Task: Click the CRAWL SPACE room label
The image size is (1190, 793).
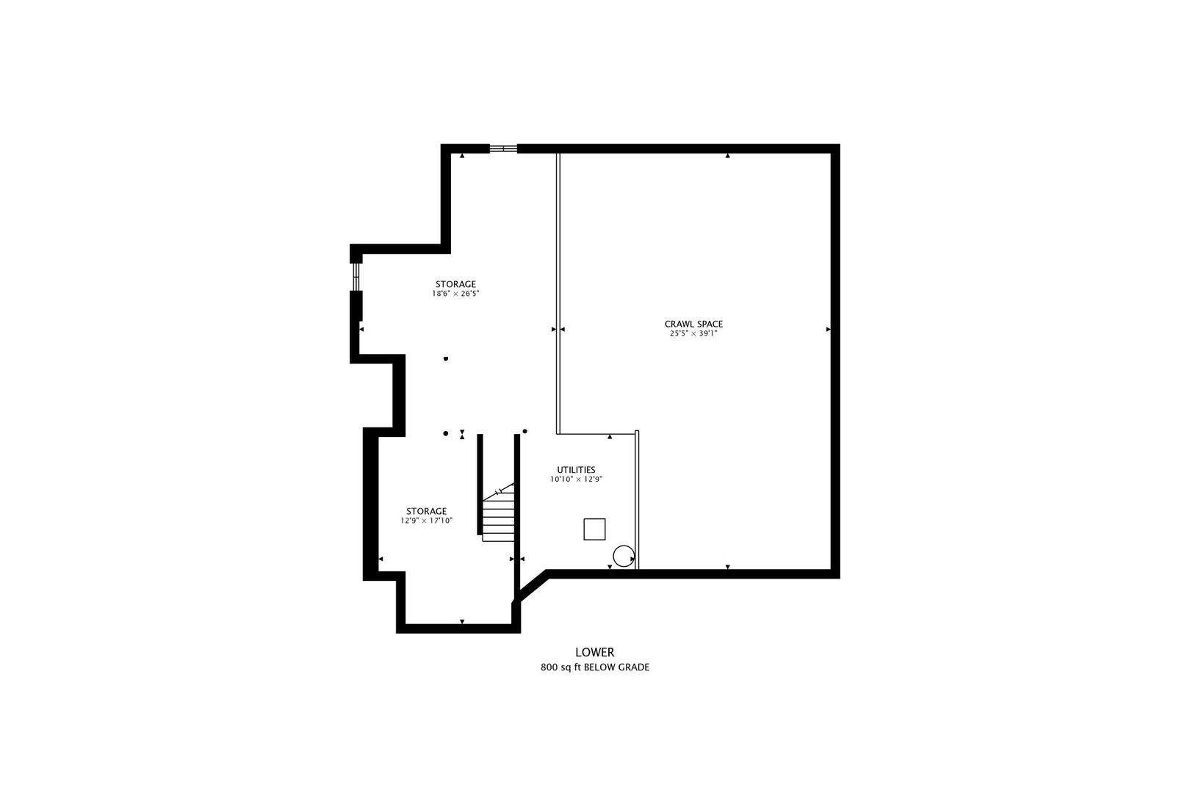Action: [693, 324]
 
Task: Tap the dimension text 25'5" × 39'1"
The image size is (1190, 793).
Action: [693, 333]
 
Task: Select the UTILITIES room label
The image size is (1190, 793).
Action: [576, 470]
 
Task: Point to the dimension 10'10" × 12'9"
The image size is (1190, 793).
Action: [576, 479]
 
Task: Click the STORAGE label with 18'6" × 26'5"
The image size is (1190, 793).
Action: [455, 284]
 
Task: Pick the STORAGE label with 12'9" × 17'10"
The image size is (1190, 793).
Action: [426, 511]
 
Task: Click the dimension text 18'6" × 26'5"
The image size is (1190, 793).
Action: [455, 294]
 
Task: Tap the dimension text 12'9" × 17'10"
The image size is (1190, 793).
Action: [426, 521]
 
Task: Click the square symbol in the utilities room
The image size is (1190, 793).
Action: [594, 529]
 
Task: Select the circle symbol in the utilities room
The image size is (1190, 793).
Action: [623, 556]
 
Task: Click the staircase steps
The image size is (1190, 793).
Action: [498, 518]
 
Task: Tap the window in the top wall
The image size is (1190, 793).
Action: [503, 148]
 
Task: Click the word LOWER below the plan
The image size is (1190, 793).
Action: [594, 652]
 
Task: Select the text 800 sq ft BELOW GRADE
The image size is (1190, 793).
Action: [594, 667]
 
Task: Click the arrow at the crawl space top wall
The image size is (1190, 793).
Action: [727, 156]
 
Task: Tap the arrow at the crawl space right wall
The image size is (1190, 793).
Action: [828, 330]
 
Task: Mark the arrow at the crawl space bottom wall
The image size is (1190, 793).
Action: [727, 567]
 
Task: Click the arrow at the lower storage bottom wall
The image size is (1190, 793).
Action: [461, 622]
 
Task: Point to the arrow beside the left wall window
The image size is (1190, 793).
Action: [361, 330]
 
